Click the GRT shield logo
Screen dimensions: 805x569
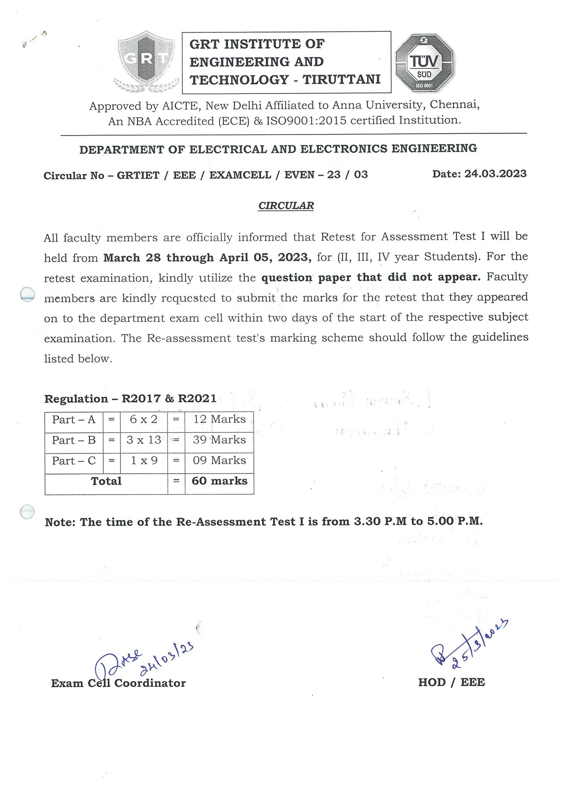[146, 61]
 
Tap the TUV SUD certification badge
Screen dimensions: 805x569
[424, 63]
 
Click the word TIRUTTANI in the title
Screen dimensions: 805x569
[341, 80]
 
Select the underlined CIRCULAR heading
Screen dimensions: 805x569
[286, 206]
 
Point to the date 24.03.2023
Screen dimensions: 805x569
[495, 174]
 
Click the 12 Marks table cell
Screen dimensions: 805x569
[219, 419]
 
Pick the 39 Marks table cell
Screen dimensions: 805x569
[219, 440]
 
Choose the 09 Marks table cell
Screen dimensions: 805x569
[219, 461]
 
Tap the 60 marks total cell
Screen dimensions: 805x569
[219, 481]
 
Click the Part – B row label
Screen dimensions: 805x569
[74, 440]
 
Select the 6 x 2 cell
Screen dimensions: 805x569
[143, 419]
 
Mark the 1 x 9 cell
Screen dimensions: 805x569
[143, 461]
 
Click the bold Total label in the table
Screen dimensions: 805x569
[106, 481]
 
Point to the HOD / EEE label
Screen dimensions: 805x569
[451, 682]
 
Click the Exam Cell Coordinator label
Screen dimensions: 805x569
[118, 683]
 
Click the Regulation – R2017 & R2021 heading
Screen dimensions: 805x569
[130, 399]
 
